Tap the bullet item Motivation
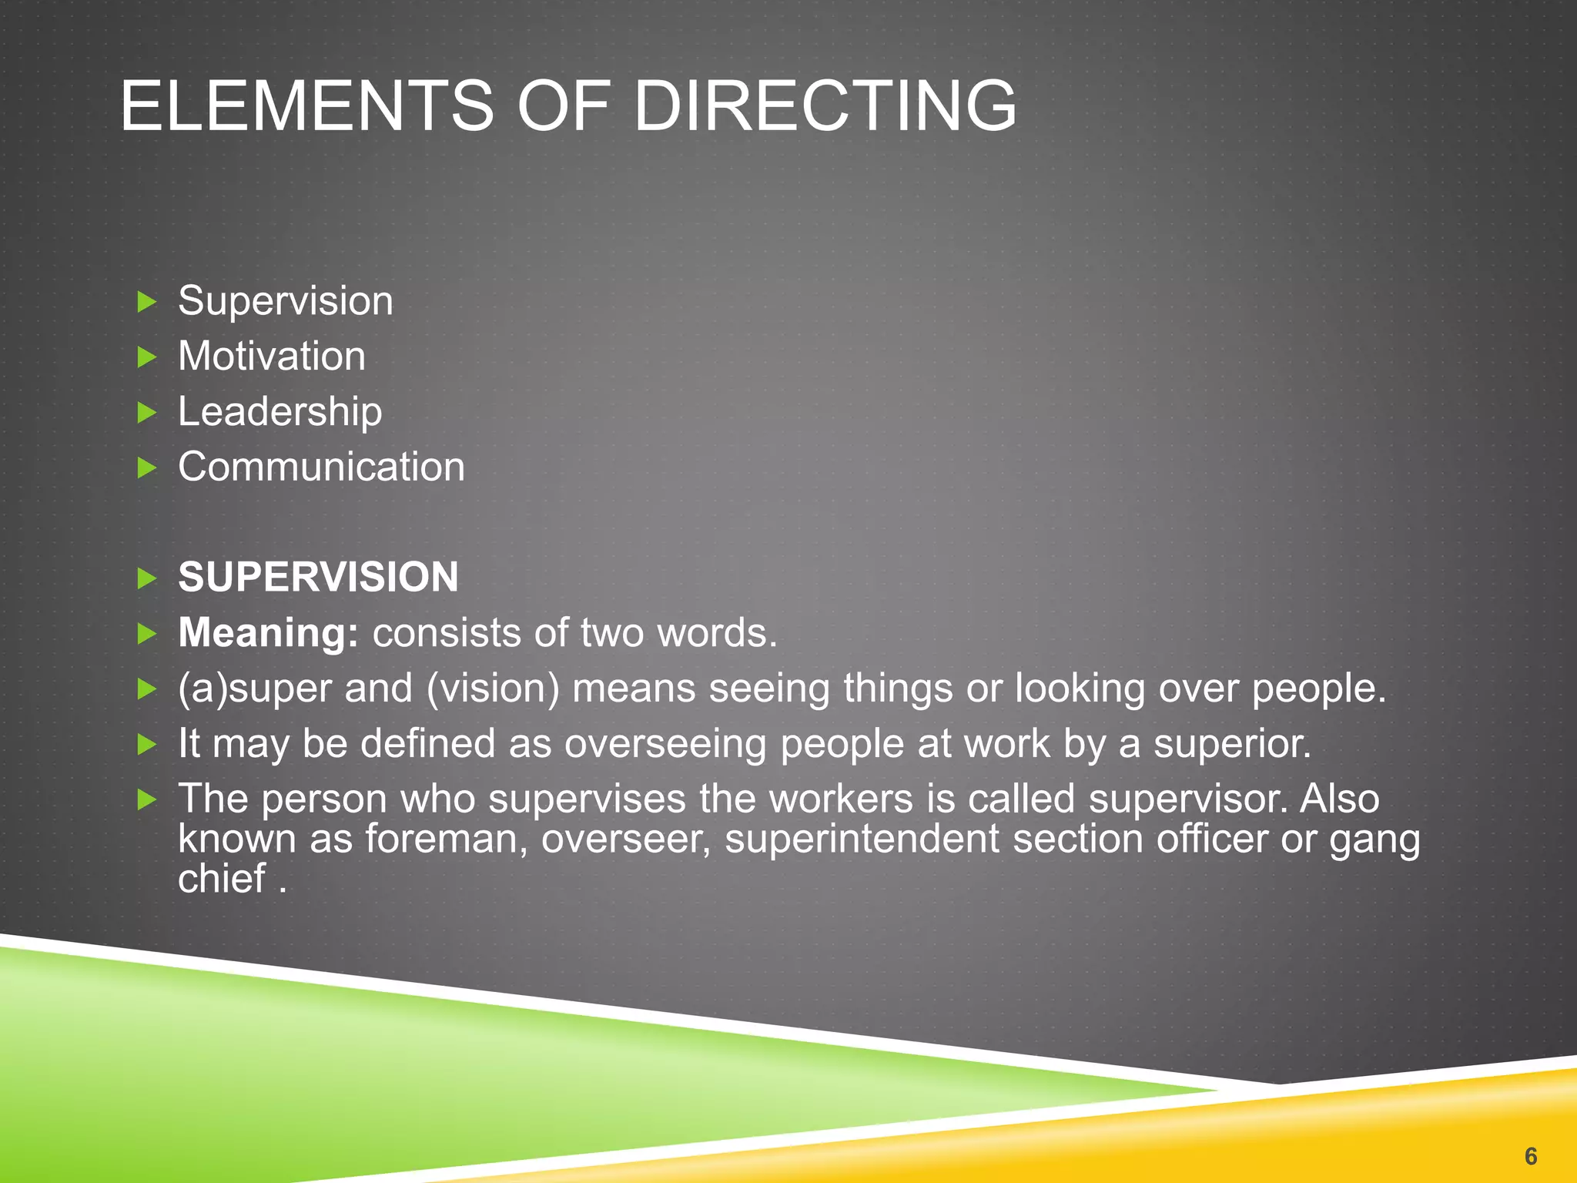tap(272, 357)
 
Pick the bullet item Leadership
tap(280, 412)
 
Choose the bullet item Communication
tap(321, 468)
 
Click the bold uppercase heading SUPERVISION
tap(318, 578)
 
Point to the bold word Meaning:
tap(268, 633)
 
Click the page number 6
tap(1531, 1156)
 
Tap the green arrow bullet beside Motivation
tap(146, 357)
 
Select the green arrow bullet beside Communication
tap(146, 468)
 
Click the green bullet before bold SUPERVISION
tap(146, 578)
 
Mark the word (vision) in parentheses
tap(493, 689)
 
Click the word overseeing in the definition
tap(665, 744)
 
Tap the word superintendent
tap(862, 839)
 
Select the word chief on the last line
tap(222, 879)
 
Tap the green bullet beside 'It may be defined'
tap(146, 745)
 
